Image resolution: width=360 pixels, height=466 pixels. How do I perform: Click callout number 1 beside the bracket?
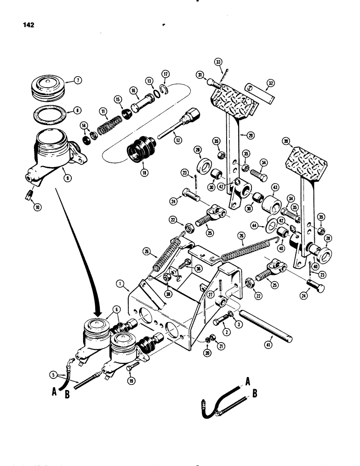click(121, 283)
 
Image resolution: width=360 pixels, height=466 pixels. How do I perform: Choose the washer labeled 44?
click(270, 226)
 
